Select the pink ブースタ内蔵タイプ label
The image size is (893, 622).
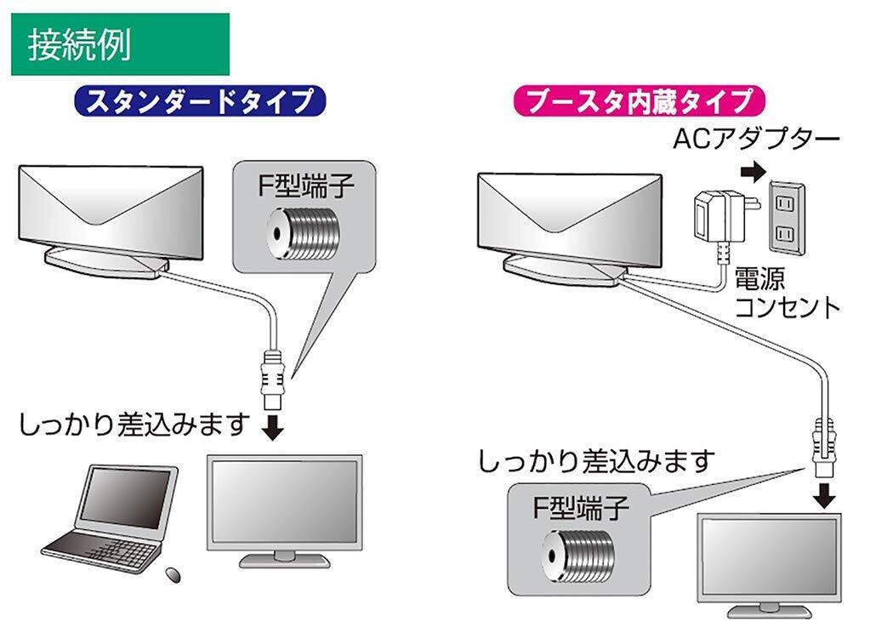[x=640, y=101]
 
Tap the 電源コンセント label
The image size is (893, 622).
[x=786, y=292]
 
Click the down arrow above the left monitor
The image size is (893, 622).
[x=272, y=426]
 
